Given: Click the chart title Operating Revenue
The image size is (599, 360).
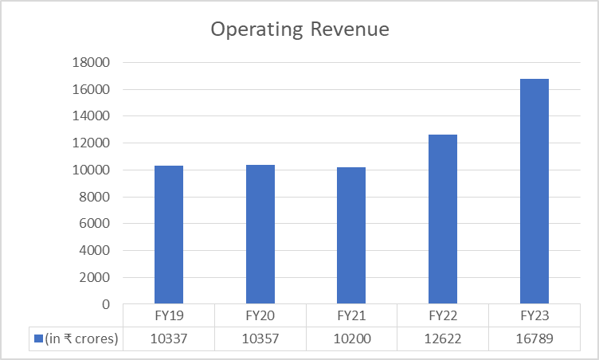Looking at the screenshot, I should (x=299, y=29).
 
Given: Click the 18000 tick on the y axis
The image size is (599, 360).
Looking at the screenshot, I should (x=91, y=63).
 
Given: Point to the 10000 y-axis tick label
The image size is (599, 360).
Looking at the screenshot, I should (x=91, y=170).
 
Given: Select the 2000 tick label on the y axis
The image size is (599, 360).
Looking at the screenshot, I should (x=94, y=277).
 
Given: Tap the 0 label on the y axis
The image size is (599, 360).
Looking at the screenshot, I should (x=106, y=304).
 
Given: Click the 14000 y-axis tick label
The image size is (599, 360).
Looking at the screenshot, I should (x=91, y=116).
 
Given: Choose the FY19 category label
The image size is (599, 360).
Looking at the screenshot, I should (x=169, y=315).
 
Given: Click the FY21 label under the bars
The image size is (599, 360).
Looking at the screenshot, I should (x=351, y=315).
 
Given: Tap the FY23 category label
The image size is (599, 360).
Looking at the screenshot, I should (x=534, y=315).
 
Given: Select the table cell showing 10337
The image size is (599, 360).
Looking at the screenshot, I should (x=169, y=338).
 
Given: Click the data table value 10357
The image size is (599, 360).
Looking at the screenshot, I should (x=260, y=338).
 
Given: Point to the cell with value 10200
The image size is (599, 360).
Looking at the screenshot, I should (x=351, y=338).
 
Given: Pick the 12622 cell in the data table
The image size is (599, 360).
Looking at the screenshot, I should (x=442, y=338).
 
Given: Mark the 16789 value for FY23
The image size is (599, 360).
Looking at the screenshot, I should (x=534, y=338).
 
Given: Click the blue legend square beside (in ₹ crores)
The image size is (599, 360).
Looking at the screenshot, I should (x=38, y=338).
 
